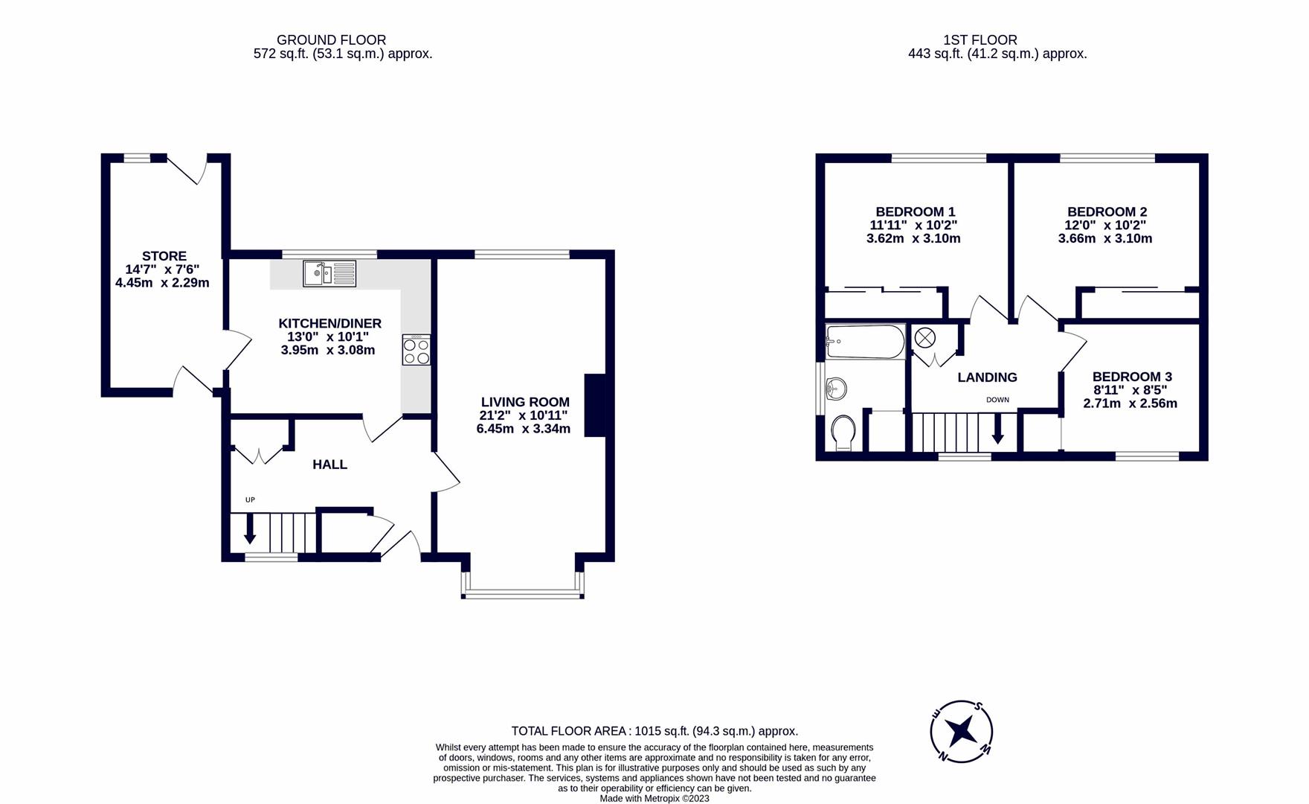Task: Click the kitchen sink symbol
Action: (x=329, y=273)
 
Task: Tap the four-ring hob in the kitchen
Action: (x=416, y=350)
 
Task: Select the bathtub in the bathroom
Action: (x=865, y=342)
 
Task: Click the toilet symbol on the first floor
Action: (x=843, y=432)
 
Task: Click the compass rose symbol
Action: (x=962, y=731)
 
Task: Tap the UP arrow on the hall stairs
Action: (x=250, y=528)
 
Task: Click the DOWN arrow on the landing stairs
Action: (x=997, y=430)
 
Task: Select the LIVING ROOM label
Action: (x=524, y=402)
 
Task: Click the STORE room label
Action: (x=164, y=256)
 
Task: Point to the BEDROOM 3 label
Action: (x=1131, y=377)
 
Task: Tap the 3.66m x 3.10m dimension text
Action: (x=1104, y=239)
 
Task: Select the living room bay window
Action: (x=522, y=593)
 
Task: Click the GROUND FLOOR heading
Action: (x=331, y=40)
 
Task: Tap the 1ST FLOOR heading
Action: (x=980, y=40)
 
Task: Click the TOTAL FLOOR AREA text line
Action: (x=654, y=731)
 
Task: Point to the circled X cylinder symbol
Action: (x=924, y=338)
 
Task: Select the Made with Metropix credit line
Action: (x=654, y=798)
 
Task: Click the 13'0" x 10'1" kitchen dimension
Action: (x=328, y=336)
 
